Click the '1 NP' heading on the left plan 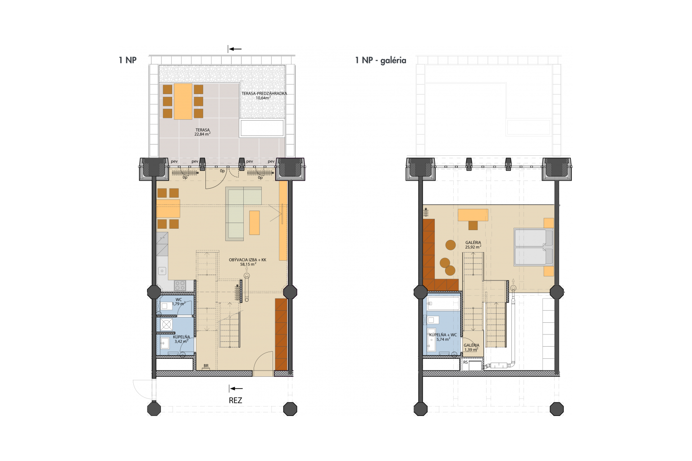click(127, 60)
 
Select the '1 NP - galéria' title click(381, 60)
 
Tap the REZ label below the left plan click(236, 401)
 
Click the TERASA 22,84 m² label click(203, 132)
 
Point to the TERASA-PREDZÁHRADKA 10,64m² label click(264, 96)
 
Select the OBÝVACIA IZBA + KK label click(247, 262)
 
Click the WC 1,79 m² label click(179, 302)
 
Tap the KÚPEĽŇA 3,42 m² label click(182, 339)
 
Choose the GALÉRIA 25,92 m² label click(473, 245)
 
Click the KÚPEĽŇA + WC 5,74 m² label click(443, 337)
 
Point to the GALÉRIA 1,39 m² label click(471, 348)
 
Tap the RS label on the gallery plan click(465, 362)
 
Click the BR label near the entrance click(206, 366)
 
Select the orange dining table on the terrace click(183, 101)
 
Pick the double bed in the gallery click(533, 247)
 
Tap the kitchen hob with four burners click(180, 285)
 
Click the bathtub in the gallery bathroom click(444, 303)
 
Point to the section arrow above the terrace click(234, 49)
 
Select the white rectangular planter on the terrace click(262, 128)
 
